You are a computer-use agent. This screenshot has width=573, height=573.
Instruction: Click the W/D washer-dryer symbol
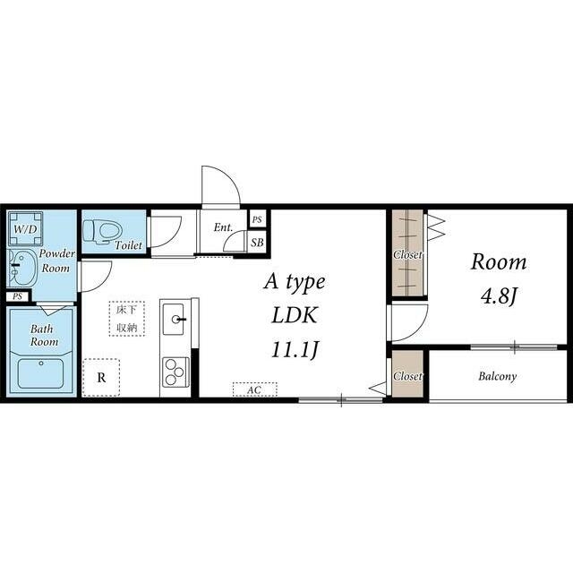click(25, 229)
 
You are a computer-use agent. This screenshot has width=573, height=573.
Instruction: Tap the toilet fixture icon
click(102, 231)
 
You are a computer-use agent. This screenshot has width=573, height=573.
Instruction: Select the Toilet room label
click(128, 245)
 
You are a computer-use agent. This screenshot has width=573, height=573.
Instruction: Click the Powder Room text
click(56, 261)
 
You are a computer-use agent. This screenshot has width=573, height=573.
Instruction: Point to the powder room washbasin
click(21, 268)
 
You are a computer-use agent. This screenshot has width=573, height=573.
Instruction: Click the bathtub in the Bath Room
click(41, 373)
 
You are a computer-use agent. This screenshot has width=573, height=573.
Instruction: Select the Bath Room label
click(44, 336)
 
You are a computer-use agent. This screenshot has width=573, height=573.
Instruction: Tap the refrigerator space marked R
click(101, 378)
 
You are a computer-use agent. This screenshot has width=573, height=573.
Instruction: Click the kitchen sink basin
click(173, 319)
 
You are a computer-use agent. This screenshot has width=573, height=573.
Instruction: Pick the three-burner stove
click(175, 372)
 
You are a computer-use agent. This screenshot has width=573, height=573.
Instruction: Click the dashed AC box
click(254, 389)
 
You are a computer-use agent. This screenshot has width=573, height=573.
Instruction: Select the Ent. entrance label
click(223, 227)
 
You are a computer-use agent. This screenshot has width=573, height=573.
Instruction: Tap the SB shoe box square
click(257, 243)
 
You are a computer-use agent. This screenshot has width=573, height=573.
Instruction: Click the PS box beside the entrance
click(257, 219)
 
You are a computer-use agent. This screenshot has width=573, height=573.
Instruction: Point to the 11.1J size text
click(295, 350)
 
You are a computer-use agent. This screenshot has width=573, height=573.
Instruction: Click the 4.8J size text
click(499, 296)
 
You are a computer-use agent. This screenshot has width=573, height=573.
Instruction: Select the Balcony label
click(498, 376)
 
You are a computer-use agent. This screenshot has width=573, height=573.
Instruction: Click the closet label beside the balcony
click(407, 376)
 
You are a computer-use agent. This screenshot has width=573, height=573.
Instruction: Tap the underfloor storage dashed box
click(127, 319)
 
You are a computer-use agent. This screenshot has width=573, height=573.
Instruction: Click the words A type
click(295, 283)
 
